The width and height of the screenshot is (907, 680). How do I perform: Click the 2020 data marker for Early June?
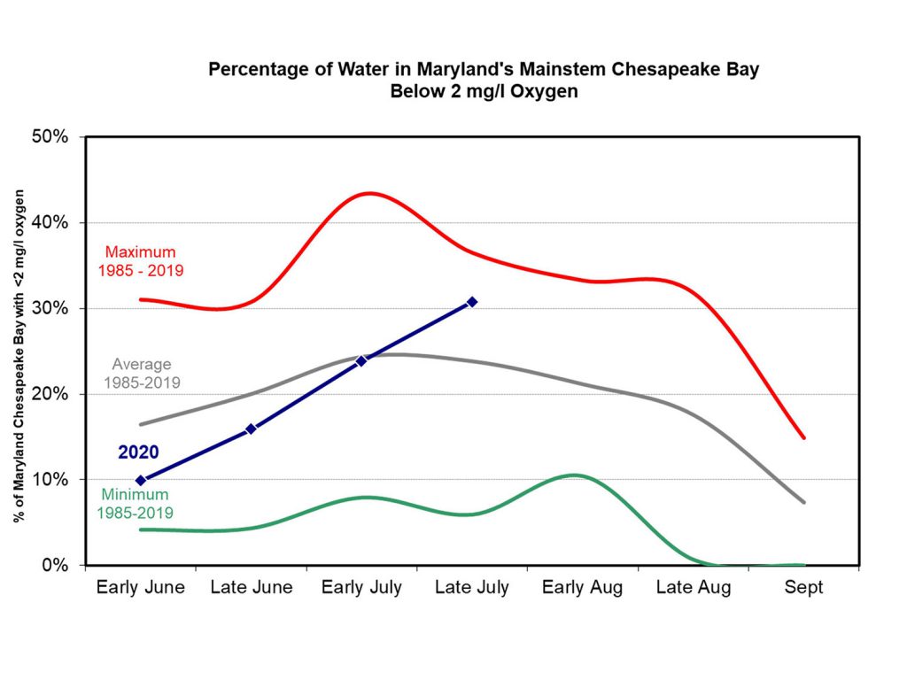(x=140, y=480)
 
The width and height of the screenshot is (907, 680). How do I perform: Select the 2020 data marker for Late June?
(x=251, y=429)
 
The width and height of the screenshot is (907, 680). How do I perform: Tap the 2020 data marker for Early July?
(x=361, y=360)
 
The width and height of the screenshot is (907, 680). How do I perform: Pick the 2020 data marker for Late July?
(x=472, y=302)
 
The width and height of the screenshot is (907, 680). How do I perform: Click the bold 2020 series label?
(x=138, y=452)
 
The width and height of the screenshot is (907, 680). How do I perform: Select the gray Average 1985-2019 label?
(x=142, y=374)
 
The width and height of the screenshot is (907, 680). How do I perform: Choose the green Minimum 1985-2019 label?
(x=136, y=503)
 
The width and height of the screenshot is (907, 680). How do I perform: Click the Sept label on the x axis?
(x=803, y=588)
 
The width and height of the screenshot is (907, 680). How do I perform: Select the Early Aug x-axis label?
(x=582, y=588)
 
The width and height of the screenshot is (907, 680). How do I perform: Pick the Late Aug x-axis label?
(x=694, y=588)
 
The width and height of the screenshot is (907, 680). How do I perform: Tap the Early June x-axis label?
(x=141, y=588)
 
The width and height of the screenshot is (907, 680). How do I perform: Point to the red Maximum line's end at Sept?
(x=803, y=437)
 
